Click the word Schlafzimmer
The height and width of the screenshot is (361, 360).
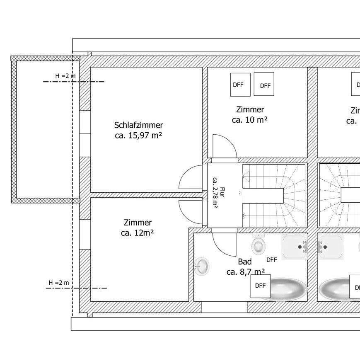[x=138, y=125]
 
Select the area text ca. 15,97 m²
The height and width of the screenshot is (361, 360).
[x=138, y=135]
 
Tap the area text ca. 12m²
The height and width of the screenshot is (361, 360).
[x=138, y=233]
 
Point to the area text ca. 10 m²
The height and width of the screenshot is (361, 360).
[x=250, y=120]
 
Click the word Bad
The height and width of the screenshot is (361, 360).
[x=245, y=262]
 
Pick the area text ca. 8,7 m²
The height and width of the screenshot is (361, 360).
[x=246, y=272]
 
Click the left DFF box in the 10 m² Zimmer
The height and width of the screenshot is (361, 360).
[x=238, y=85]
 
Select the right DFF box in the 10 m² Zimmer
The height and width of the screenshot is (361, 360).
[x=265, y=85]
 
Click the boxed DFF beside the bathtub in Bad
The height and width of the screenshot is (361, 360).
[x=260, y=286]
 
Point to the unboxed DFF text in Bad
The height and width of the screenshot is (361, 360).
[x=271, y=260]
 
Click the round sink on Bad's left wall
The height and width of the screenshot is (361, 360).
[x=202, y=266]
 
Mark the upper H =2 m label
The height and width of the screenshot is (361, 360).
[x=65, y=75]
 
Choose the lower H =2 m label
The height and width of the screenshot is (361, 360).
[x=59, y=283]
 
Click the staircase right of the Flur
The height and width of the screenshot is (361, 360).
[x=274, y=195]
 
